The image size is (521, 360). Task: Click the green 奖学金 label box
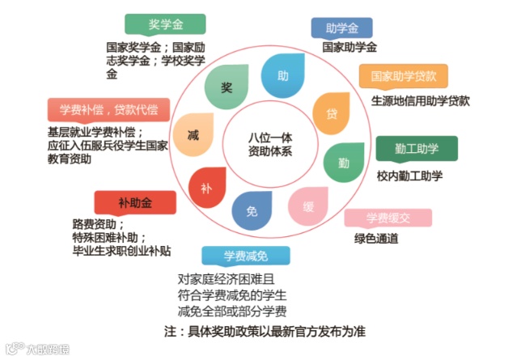[x=164, y=24]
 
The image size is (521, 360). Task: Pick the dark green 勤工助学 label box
[x=417, y=148]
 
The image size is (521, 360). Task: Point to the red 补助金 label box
[x=134, y=202]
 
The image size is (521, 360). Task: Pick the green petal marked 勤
[x=343, y=162]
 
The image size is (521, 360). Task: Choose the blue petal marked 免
[x=251, y=212]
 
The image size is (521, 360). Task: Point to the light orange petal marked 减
[x=193, y=133]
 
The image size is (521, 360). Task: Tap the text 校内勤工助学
[x=409, y=176]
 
